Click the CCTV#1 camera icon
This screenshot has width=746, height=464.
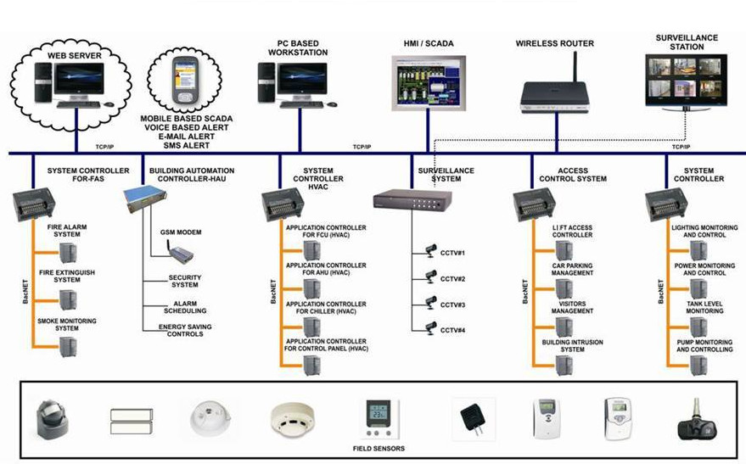[x=430, y=251]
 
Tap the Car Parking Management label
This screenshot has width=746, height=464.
[x=573, y=270]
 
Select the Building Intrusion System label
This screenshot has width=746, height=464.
[x=572, y=345]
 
